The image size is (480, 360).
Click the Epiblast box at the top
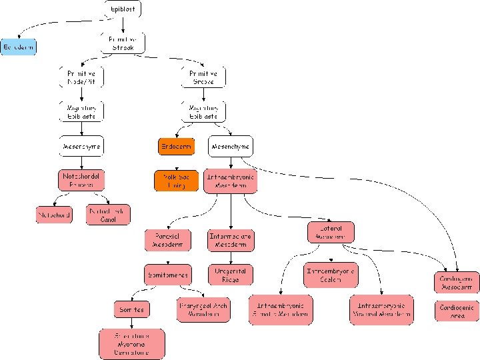pos(123,8)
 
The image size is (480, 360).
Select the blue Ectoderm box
pos(18,47)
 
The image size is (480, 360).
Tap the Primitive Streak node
pos(123,43)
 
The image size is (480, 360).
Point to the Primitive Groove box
pos(203,77)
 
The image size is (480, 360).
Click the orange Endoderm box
pos(176,146)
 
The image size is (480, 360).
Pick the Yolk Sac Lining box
pos(176,181)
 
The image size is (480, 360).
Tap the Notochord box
pos(53,215)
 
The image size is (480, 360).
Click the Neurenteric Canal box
pos(108,215)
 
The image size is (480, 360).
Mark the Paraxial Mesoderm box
pos(168,240)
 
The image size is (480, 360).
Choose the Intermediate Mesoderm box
pos(231,240)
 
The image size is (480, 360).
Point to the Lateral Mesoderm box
pos(330,232)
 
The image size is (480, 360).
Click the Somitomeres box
pos(168,274)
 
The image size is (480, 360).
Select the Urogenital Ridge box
pos(231,275)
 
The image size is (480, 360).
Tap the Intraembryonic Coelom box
pos(330,274)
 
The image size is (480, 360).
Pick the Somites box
pos(131,309)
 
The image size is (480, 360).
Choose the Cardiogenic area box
pos(457,311)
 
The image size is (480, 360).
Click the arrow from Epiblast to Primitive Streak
pos(123,23)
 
